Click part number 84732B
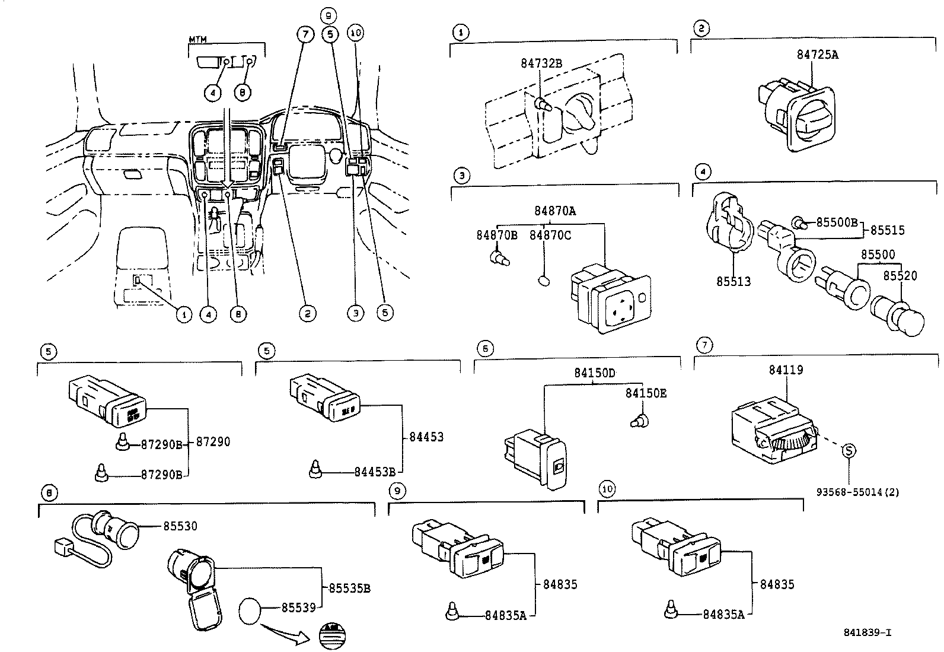541,63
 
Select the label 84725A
817,55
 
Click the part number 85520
900,276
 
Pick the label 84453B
375,472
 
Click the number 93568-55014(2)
857,492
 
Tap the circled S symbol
849,451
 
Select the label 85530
180,526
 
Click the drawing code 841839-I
867,632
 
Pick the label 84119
786,370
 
